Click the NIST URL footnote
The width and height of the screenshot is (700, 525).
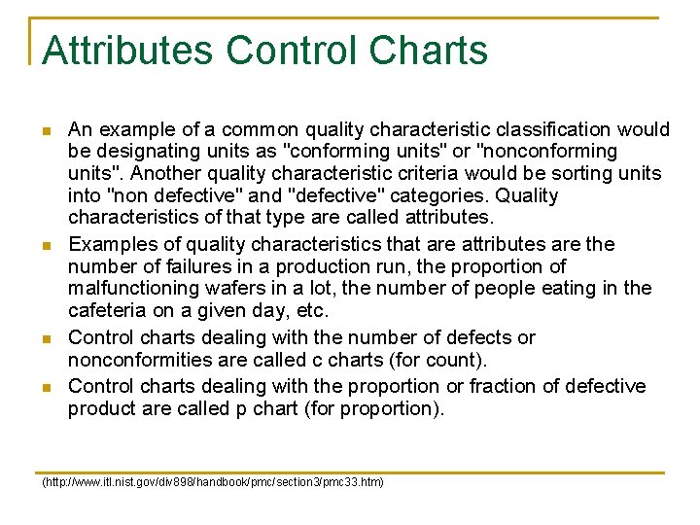(212, 482)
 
